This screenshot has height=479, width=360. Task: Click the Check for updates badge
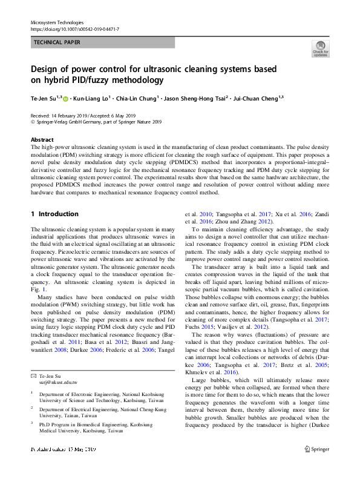click(x=320, y=48)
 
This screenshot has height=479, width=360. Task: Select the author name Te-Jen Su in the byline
click(x=44, y=97)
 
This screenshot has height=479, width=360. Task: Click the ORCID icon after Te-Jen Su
click(x=66, y=97)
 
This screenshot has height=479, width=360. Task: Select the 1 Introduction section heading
click(x=54, y=214)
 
